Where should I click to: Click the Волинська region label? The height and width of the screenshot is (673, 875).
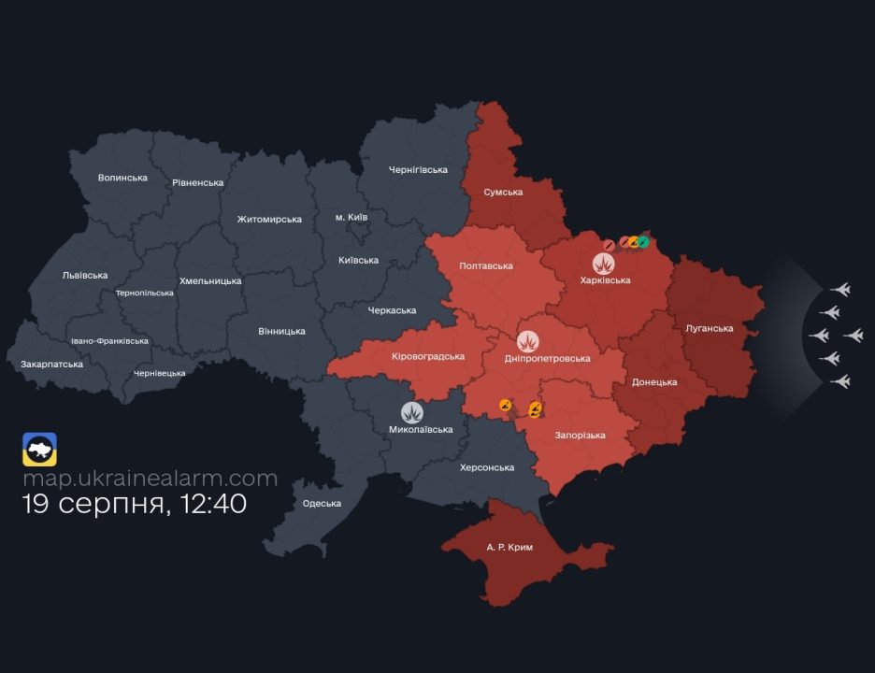pyautogui.click(x=122, y=178)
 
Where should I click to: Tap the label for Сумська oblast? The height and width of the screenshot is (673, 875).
pyautogui.click(x=503, y=192)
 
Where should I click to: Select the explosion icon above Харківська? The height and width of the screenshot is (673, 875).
pyautogui.click(x=605, y=263)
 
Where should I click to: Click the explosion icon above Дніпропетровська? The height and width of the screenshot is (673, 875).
pyautogui.click(x=529, y=341)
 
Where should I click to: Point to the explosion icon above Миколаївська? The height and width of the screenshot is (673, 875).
pyautogui.click(x=412, y=412)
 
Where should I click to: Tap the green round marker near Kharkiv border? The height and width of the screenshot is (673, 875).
pyautogui.click(x=643, y=242)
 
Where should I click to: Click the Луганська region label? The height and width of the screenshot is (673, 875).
pyautogui.click(x=709, y=328)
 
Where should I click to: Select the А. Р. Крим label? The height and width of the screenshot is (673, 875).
pyautogui.click(x=509, y=547)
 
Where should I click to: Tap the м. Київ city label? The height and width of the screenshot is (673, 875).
pyautogui.click(x=351, y=217)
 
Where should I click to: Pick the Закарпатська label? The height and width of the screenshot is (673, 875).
pyautogui.click(x=51, y=364)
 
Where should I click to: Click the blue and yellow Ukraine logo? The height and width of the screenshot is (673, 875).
pyautogui.click(x=40, y=449)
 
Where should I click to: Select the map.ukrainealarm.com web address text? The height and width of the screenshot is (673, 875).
pyautogui.click(x=151, y=479)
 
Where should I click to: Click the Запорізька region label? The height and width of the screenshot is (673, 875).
pyautogui.click(x=580, y=436)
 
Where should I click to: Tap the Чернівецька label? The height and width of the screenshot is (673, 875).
pyautogui.click(x=159, y=373)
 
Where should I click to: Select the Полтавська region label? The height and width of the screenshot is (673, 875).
pyautogui.click(x=486, y=266)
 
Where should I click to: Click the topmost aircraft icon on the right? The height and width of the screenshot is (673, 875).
pyautogui.click(x=840, y=290)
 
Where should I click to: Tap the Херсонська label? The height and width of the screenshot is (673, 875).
pyautogui.click(x=487, y=467)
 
